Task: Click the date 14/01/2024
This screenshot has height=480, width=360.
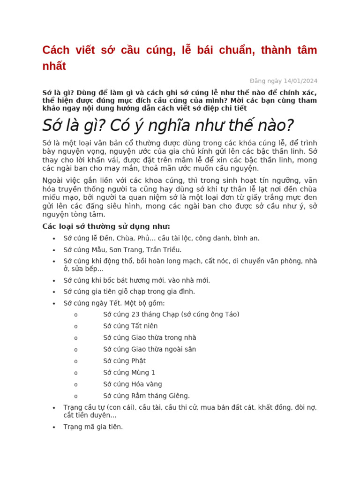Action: point(300,81)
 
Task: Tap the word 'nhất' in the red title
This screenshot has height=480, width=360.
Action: point(54,66)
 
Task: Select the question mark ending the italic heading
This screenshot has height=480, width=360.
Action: point(289,126)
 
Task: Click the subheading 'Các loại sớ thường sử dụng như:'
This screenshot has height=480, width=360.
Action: point(106,226)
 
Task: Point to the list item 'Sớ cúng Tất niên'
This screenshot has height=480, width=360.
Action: point(130,326)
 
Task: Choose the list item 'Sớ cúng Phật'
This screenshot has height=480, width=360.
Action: point(124,361)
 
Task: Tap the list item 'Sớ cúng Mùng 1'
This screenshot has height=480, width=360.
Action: point(129,373)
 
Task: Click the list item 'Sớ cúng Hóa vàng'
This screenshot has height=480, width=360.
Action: point(129,384)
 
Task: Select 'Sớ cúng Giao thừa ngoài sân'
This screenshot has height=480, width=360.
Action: point(150,349)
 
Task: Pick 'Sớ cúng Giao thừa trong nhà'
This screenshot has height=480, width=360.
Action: point(150,337)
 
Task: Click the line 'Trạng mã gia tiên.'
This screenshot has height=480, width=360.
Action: point(93,427)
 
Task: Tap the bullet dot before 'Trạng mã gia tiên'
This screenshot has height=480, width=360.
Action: point(54,427)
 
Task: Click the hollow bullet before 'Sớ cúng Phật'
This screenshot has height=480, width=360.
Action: point(76,361)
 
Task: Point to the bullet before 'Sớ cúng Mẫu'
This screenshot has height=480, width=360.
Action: point(54,250)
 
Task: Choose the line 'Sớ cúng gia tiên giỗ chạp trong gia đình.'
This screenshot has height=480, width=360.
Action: point(129,292)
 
